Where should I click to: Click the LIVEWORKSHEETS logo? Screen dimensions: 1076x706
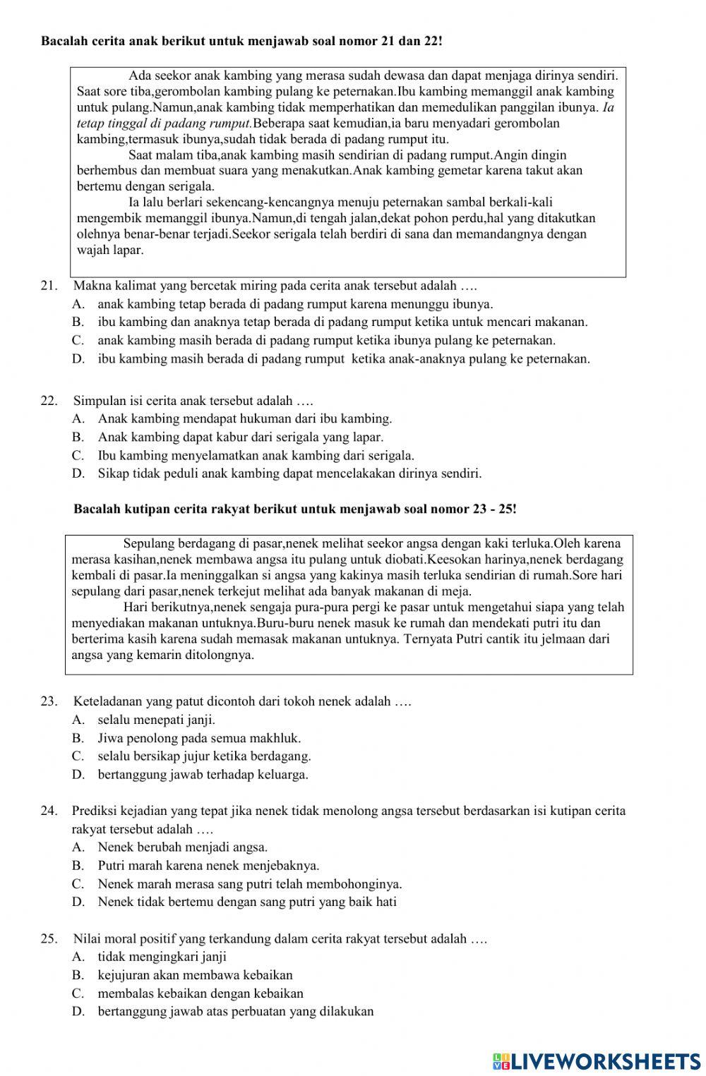(597, 1060)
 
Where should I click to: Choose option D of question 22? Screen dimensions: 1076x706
(289, 473)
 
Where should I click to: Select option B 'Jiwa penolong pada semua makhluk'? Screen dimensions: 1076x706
(199, 738)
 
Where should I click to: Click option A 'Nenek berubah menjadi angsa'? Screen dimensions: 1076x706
(182, 847)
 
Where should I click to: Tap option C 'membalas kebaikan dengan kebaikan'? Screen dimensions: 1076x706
(201, 993)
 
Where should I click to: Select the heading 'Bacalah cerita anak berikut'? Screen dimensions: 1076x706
(241, 41)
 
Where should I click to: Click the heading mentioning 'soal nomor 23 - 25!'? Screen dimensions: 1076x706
(295, 508)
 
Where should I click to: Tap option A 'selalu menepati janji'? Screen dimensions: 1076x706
(156, 720)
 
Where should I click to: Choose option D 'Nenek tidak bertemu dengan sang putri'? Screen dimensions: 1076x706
(247, 901)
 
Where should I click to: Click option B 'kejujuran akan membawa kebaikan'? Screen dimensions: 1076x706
(195, 975)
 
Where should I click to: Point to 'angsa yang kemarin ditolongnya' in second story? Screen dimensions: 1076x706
(163, 655)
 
